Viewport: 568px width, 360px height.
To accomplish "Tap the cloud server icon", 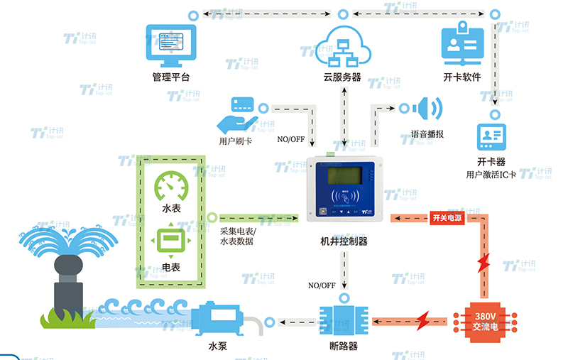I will tap(342, 46).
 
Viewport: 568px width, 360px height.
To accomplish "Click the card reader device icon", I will tap(491, 134).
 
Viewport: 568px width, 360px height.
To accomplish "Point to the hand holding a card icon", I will tap(236, 111).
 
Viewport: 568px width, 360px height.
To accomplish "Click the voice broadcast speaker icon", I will tap(429, 109).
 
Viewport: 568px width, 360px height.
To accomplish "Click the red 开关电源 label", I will tap(447, 217).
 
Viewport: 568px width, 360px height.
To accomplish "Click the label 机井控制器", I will tap(344, 241).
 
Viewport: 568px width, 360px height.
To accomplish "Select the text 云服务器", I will tap(342, 77).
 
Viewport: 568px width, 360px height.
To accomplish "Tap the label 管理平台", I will tap(170, 77).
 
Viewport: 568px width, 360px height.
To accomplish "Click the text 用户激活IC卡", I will tap(491, 174).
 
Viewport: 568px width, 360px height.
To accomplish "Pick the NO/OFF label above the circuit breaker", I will tap(322, 285).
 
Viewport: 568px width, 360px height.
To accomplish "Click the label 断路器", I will tap(344, 347).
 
